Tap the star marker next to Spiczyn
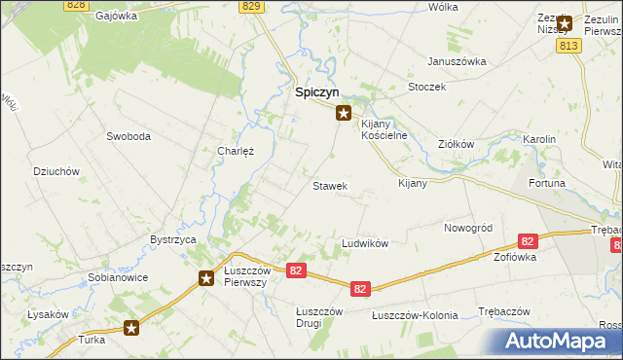[x=343, y=113]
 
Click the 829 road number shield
[x=252, y=6]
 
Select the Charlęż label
[x=236, y=152]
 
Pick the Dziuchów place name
[x=55, y=171]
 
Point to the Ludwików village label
[x=365, y=243]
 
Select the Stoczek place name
[x=427, y=87]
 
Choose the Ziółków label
[x=456, y=144]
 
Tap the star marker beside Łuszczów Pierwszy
[x=206, y=278]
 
